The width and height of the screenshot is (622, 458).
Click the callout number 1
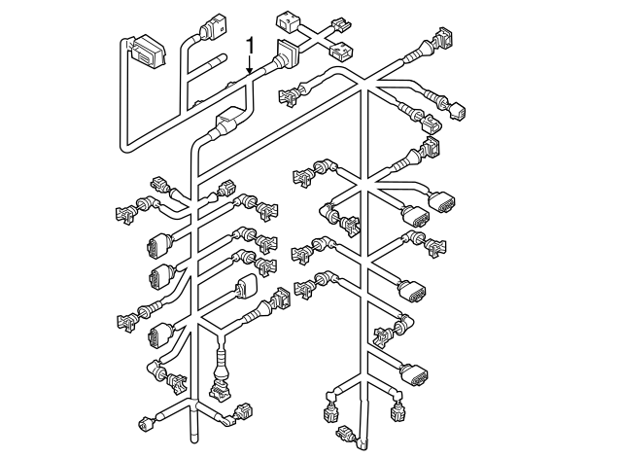pyautogui.click(x=251, y=45)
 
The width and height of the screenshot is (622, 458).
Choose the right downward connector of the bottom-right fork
pyautogui.click(x=397, y=413)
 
